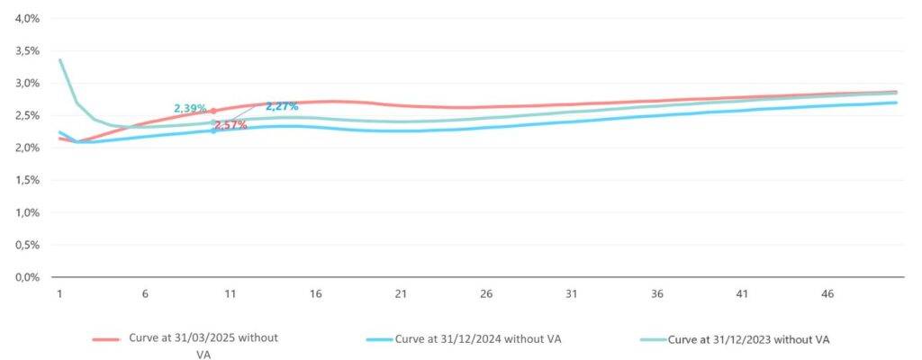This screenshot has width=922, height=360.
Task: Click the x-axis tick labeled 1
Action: [59, 294]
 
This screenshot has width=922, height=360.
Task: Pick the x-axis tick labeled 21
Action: [401, 294]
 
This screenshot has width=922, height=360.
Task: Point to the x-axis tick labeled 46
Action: [828, 294]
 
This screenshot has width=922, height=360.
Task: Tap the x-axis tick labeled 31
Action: [572, 294]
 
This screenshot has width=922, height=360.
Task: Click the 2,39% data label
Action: [190, 108]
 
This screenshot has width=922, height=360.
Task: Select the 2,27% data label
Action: [282, 106]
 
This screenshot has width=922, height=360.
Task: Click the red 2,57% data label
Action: [230, 125]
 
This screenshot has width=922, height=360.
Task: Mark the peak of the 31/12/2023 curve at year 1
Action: [59, 60]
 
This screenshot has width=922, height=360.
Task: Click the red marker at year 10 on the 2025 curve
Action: [213, 111]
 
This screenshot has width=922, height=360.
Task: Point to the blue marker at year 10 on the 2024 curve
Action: [213, 130]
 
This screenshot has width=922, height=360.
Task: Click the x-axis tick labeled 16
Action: [315, 294]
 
